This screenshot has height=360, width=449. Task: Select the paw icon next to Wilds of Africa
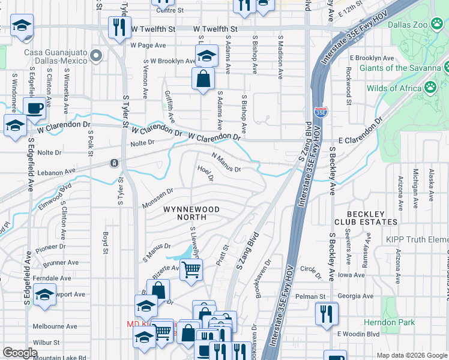point(430,88)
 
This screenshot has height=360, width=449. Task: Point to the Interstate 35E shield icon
point(320,112)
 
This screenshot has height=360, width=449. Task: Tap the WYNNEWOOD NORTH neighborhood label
point(191,213)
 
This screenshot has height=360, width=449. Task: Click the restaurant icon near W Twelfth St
point(118,28)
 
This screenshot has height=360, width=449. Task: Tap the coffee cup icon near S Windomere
point(34,109)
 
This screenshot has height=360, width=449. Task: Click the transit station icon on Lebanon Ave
point(113,163)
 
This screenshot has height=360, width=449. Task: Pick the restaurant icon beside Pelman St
point(327,313)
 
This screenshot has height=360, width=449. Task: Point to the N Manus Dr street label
point(226,163)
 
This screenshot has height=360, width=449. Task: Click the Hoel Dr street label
point(205,173)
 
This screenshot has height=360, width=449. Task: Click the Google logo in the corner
point(20,353)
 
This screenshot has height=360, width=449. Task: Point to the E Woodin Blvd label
point(360,334)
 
